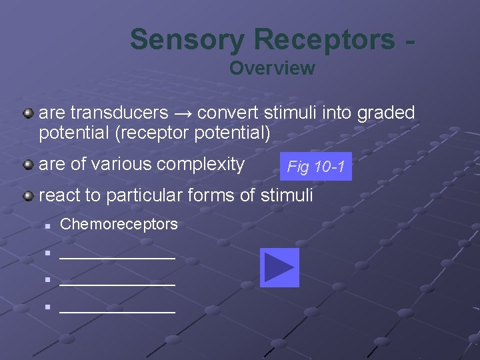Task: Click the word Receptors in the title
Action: point(323,39)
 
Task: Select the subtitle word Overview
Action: point(272,68)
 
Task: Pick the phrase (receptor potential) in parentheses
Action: point(193,133)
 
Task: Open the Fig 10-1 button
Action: point(315,167)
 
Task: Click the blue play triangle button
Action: point(279,268)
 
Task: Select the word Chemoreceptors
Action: point(119,224)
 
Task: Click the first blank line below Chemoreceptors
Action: point(117,257)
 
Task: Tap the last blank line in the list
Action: point(117,311)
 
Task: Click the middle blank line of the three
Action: point(117,284)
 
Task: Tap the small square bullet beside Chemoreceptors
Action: point(49,225)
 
